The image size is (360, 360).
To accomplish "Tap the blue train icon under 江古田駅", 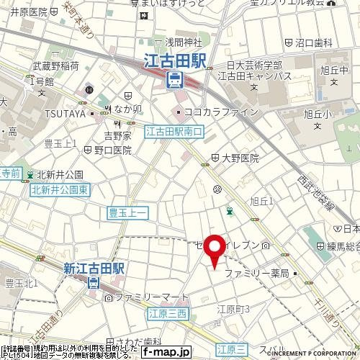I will [176, 80].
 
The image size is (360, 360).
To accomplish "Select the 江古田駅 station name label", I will [176, 62].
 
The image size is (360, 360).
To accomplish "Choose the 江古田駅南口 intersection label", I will [175, 132].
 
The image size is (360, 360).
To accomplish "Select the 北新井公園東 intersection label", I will [59, 189].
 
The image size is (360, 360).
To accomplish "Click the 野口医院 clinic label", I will [112, 150].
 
